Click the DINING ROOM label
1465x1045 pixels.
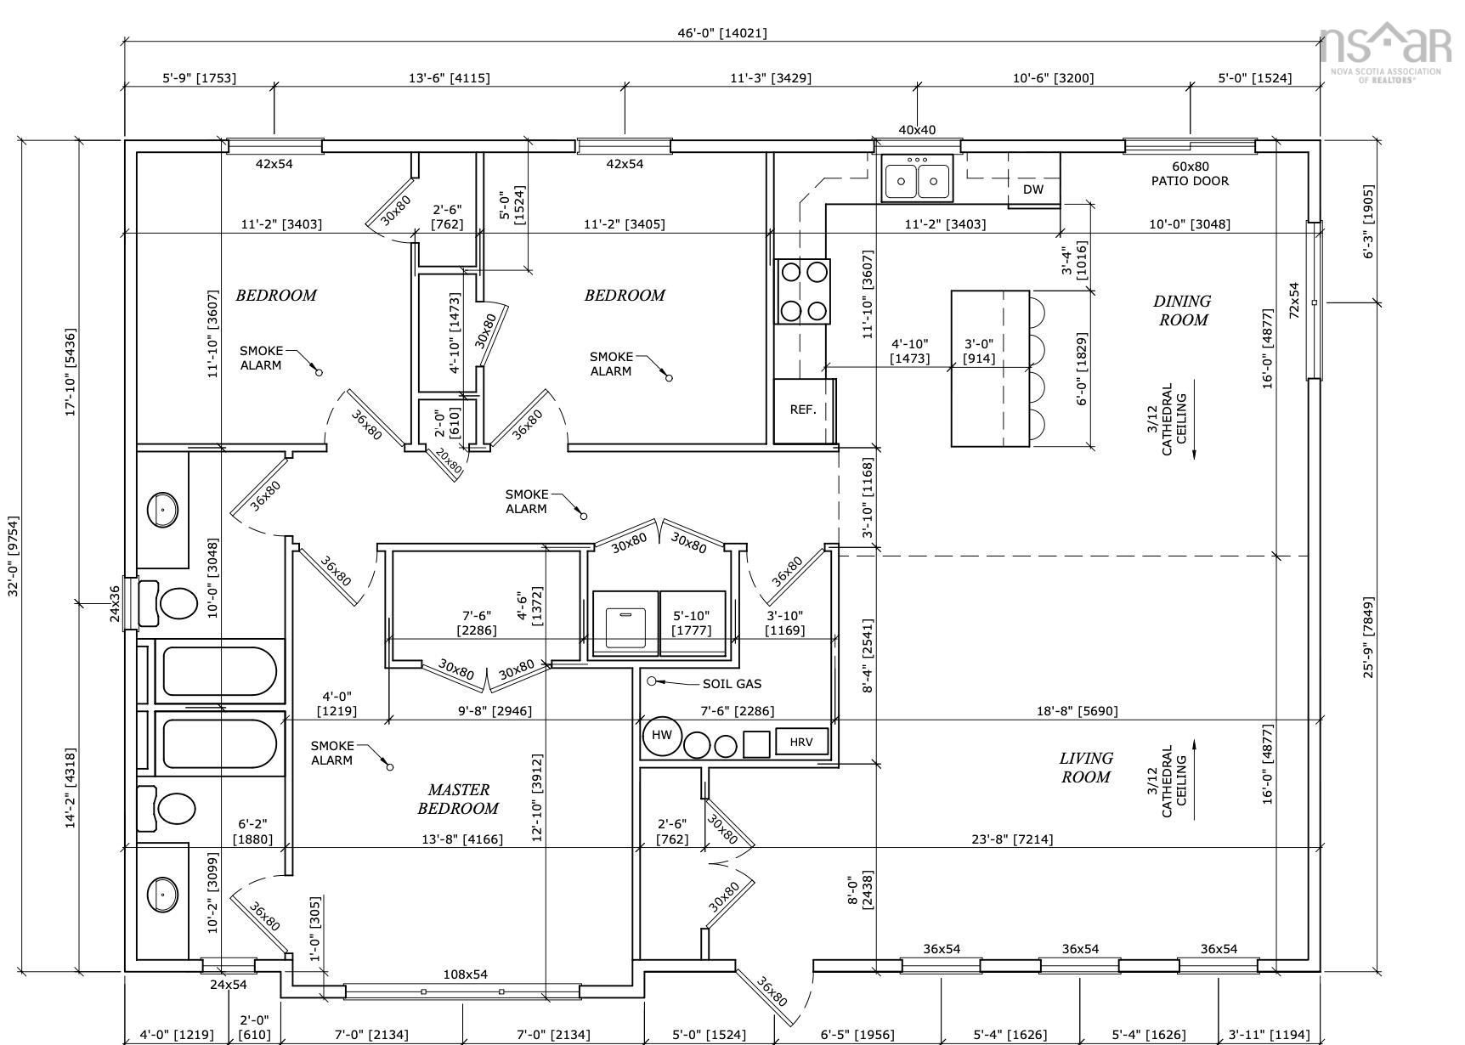point(1182,310)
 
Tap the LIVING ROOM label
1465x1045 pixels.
point(1086,767)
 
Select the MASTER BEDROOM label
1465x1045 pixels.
point(458,799)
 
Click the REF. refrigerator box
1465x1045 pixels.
point(804,410)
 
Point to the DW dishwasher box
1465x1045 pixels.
point(1033,189)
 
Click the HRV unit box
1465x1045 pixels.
point(801,742)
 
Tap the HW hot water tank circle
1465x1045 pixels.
point(663,736)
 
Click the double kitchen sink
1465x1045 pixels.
point(917,178)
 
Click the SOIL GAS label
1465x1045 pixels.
point(732,684)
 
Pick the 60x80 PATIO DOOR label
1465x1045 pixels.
point(1190,174)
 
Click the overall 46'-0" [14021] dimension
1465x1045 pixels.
point(721,33)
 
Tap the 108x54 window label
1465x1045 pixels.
point(466,974)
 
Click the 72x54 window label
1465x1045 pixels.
point(1294,300)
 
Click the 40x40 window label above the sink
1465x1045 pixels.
point(917,130)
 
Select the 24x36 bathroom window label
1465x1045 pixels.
point(115,603)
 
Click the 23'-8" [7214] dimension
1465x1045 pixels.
point(1012,839)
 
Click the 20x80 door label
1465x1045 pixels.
point(449,460)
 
